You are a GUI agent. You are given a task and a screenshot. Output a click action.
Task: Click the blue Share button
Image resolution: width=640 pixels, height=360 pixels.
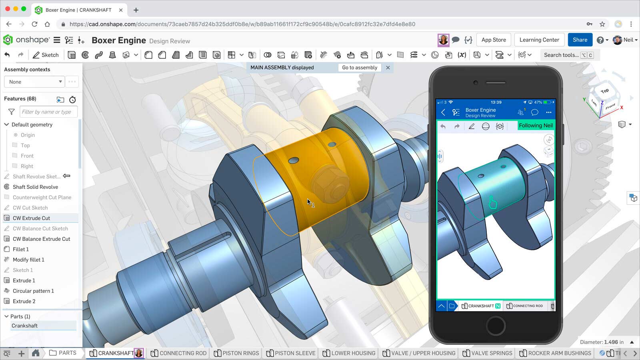click(580, 40)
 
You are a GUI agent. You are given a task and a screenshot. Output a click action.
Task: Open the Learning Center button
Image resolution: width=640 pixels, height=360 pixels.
click(539, 40)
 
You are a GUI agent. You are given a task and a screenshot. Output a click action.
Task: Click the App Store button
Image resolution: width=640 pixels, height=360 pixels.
click(493, 40)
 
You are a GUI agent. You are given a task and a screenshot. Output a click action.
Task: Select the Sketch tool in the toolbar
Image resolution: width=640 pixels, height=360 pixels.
click(46, 55)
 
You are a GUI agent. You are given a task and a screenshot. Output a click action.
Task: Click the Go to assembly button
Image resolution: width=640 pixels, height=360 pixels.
click(359, 68)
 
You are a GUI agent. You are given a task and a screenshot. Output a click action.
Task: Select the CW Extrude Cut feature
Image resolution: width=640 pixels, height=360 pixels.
click(31, 218)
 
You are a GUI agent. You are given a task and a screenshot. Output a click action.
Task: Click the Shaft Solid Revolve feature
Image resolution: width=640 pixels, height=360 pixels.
click(35, 187)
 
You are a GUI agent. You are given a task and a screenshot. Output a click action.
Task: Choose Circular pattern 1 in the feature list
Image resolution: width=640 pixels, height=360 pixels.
click(33, 291)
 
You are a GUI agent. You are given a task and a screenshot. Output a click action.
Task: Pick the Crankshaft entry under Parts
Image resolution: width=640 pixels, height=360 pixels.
click(25, 326)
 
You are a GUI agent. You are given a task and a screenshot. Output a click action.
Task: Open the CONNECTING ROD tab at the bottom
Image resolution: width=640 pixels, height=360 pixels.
click(179, 353)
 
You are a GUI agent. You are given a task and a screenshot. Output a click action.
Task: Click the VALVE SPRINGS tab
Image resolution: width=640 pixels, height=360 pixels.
click(487, 353)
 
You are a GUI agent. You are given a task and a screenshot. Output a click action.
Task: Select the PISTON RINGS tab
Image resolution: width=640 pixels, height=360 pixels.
click(236, 353)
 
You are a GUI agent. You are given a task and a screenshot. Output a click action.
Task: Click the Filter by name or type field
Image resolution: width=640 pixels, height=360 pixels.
click(48, 112)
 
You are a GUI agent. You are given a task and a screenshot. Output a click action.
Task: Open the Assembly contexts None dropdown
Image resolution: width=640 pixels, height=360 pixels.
click(34, 82)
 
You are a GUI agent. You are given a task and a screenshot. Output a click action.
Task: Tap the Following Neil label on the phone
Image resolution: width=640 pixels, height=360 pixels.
click(535, 125)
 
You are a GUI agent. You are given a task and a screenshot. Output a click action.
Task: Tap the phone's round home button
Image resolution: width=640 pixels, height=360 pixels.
click(496, 325)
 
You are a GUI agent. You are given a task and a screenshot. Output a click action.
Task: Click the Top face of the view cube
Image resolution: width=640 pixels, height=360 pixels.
click(604, 91)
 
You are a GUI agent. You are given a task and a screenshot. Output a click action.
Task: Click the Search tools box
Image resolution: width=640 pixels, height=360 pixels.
click(561, 55)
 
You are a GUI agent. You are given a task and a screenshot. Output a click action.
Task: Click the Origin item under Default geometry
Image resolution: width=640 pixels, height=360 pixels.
click(28, 135)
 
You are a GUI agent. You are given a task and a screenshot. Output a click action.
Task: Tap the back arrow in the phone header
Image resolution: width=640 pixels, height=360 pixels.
click(443, 112)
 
